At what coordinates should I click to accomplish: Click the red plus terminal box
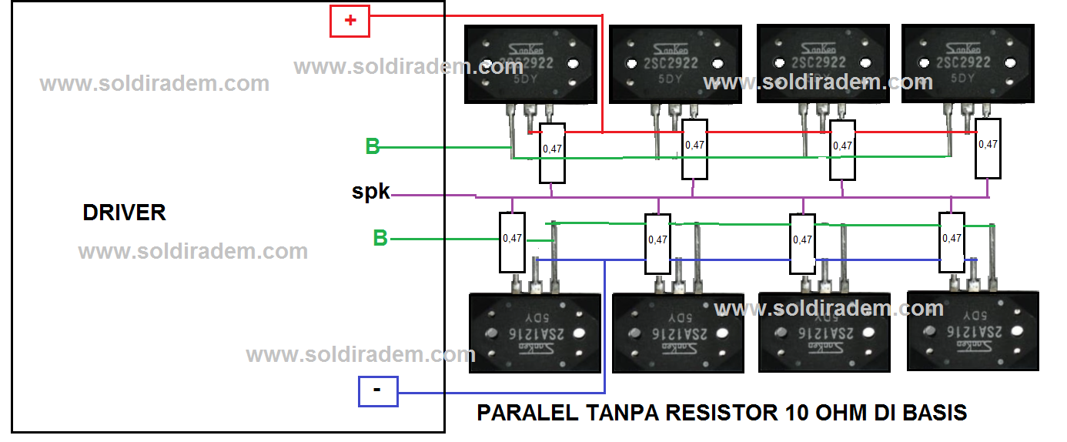click(350, 21)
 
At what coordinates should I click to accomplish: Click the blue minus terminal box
click(378, 390)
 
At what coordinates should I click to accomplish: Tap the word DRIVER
click(124, 213)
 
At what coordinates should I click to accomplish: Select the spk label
click(371, 193)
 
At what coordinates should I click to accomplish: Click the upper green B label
click(373, 146)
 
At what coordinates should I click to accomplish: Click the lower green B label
click(380, 238)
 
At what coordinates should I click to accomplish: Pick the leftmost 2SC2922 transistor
click(531, 64)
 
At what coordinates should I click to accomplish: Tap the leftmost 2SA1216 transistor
click(535, 333)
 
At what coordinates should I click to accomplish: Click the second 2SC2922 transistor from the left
click(675, 65)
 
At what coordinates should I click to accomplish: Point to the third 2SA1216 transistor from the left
click(824, 333)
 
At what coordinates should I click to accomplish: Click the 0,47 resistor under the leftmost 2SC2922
click(552, 152)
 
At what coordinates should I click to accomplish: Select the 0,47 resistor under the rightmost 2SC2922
click(988, 148)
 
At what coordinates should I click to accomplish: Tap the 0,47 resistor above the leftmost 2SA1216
click(512, 242)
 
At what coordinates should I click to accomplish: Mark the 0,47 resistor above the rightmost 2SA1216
click(952, 242)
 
